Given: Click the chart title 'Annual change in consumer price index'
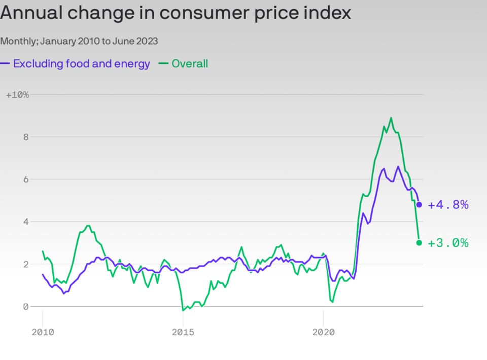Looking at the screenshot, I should [176, 13].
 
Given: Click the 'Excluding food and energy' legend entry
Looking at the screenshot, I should [81, 64].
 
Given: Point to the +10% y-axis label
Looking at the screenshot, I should [18, 95].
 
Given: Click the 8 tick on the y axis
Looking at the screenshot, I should [24, 137].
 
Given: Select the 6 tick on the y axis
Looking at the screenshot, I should [24, 179].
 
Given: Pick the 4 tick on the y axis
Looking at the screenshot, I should [24, 222].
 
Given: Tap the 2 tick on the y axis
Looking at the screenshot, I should [24, 264].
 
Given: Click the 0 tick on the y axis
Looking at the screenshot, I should [24, 307].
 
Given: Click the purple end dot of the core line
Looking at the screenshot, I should [419, 204].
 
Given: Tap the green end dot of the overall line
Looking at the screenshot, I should [419, 243].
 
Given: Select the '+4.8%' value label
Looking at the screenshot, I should [448, 205].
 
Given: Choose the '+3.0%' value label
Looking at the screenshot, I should [448, 243].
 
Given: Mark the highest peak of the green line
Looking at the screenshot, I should [391, 118].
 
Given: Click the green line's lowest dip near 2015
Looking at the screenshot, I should [183, 310].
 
